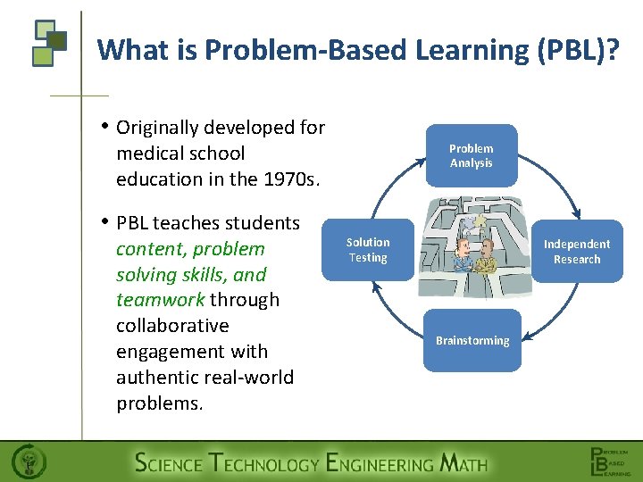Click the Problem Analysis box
471,155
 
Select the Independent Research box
576,252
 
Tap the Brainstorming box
472,340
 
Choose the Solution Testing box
368,250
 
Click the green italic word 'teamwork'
161,300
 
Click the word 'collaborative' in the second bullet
172,326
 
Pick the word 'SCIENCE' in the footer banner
168,463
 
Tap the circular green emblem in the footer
28,462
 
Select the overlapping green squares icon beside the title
49,42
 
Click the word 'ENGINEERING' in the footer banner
380,463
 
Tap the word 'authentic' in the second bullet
159,377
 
